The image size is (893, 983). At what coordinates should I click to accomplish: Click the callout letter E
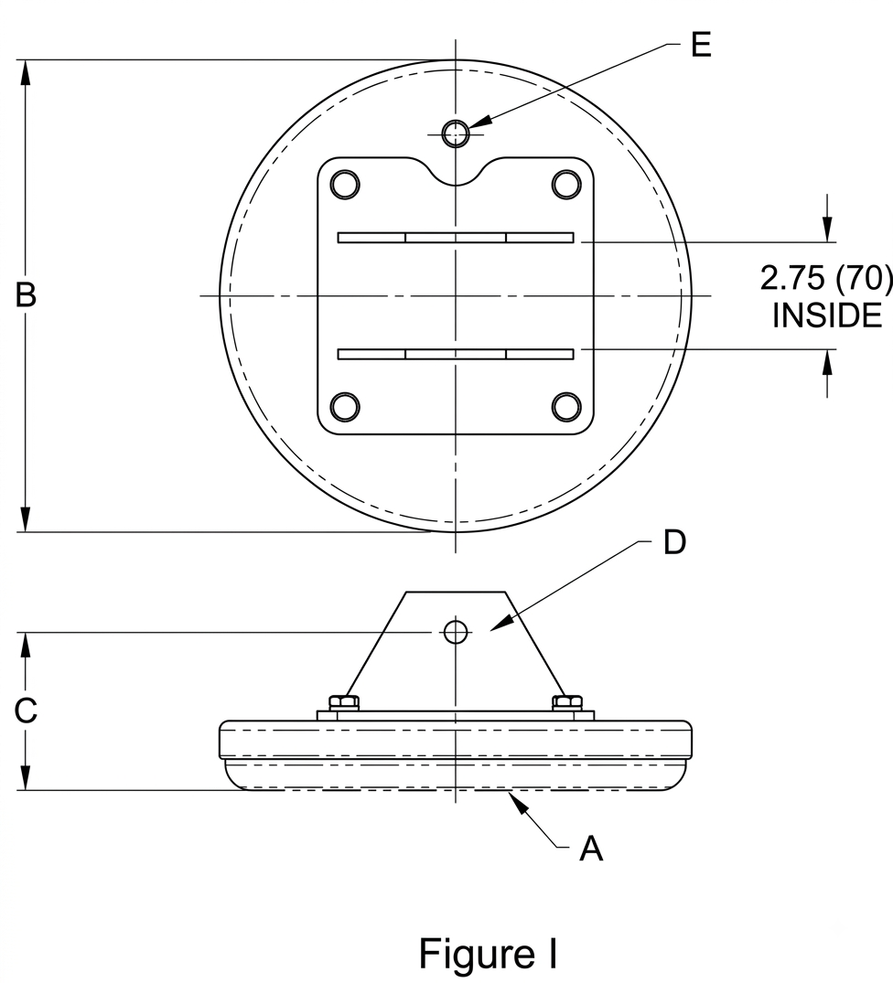701,45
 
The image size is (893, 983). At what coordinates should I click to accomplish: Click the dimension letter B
26,294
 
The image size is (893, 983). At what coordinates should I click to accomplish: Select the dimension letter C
26,711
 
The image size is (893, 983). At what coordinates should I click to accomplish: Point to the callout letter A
591,849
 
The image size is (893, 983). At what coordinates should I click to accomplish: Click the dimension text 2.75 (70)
825,278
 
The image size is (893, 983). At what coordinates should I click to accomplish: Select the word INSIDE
827,315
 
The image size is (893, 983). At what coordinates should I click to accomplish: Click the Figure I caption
488,954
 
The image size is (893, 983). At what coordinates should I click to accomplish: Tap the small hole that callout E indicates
456,134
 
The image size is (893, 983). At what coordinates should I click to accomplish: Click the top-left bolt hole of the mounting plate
345,185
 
